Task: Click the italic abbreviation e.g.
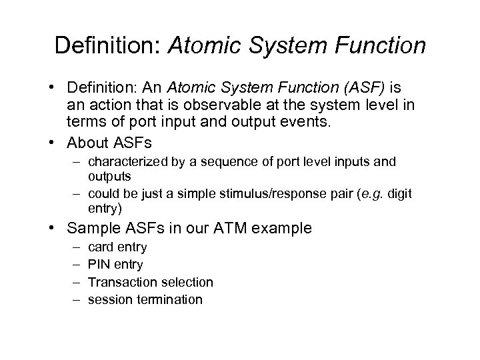[375, 193]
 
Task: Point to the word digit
[400, 193]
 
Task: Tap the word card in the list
[100, 247]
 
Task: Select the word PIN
[100, 265]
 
